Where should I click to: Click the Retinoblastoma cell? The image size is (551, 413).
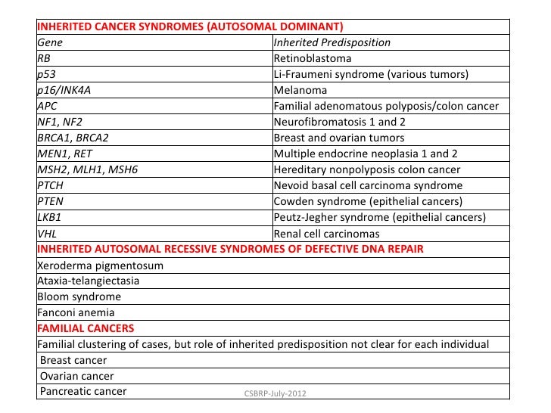tap(312, 58)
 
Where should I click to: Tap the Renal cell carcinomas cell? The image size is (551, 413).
tap(326, 233)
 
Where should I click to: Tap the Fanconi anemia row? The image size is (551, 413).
tap(76, 312)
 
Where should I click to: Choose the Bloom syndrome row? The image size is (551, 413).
tap(79, 297)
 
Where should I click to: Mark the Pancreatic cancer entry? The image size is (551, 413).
tap(83, 392)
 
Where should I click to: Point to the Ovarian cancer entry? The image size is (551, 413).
tap(77, 376)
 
